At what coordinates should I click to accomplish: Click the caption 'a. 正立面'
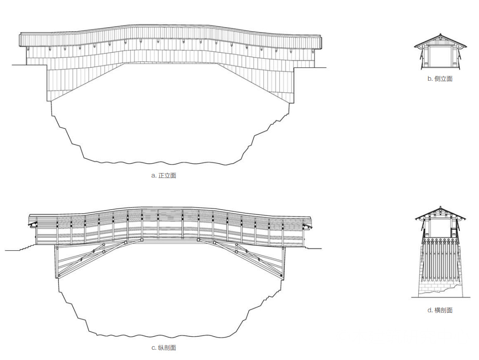[164, 176]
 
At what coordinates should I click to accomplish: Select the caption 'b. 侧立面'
[440, 79]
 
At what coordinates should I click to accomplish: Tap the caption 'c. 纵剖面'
[164, 348]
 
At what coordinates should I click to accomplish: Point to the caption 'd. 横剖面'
[440, 310]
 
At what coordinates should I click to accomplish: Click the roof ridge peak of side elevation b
[441, 34]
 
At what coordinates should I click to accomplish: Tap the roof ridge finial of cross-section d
[440, 207]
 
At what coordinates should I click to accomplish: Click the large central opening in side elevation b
[440, 57]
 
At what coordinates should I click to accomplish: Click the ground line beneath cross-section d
[441, 297]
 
